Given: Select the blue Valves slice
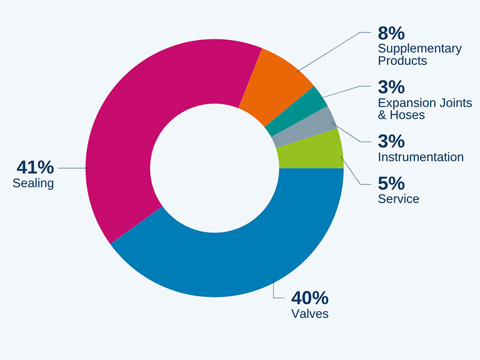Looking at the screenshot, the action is tap(232, 260).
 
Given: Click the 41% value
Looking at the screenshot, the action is tap(35, 167).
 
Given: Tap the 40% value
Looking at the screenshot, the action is tap(310, 298).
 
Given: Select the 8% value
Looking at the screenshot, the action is tap(391, 33).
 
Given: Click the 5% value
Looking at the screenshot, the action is tap(391, 183).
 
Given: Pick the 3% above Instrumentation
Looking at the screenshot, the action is tap(391, 141).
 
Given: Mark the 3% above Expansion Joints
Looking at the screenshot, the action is tap(391, 87).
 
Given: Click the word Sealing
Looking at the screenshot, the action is tap(33, 183).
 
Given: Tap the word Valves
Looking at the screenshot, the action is tap(310, 314).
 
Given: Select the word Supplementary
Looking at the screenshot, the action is tap(420, 49).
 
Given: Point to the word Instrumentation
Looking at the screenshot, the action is tap(421, 157).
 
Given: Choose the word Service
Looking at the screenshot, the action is tap(399, 199).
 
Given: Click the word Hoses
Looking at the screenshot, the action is tap(407, 115).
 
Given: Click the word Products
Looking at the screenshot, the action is tap(402, 61).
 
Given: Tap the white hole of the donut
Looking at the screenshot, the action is tap(214, 168).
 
